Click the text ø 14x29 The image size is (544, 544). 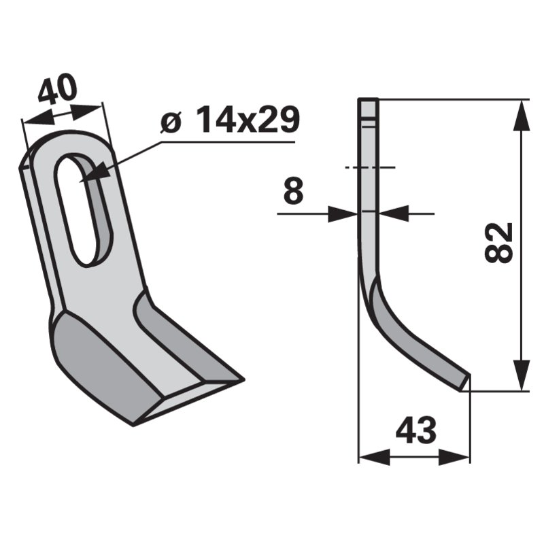(230, 122)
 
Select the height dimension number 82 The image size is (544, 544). (499, 241)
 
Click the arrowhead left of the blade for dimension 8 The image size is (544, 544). (344, 214)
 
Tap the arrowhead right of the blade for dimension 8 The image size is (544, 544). (393, 214)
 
